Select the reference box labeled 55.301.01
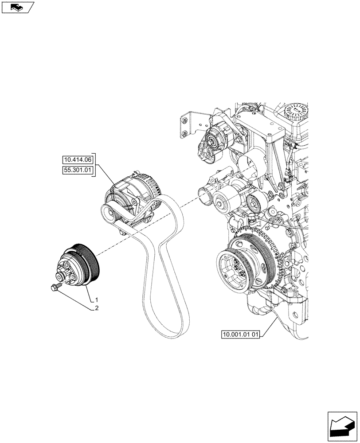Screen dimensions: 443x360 [x=77, y=171]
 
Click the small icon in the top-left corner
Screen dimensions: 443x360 [x=18, y=7]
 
